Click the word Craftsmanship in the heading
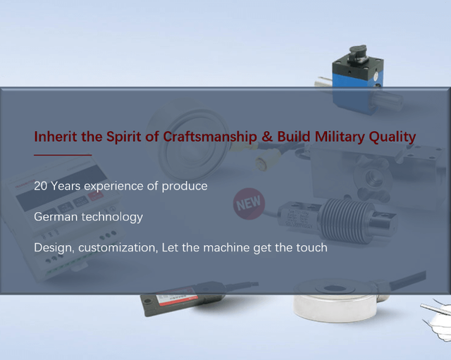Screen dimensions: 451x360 click(210, 137)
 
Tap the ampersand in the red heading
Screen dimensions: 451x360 click(267, 137)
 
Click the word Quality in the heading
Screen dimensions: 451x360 click(393, 137)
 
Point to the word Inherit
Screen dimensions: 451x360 click(56, 137)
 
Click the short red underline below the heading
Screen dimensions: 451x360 click(63, 155)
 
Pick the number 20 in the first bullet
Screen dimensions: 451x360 click(40, 186)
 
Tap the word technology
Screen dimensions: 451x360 click(113, 218)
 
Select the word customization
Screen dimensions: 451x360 click(118, 248)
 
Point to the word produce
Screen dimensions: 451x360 click(185, 187)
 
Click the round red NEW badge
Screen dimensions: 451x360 click(249, 204)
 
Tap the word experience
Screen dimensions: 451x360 click(113, 187)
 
